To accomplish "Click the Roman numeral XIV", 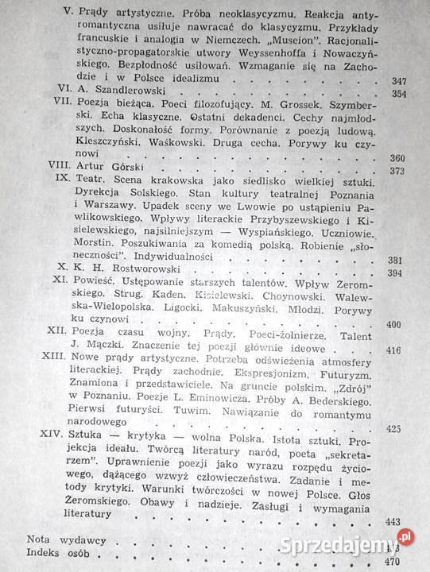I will (x=51, y=439).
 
